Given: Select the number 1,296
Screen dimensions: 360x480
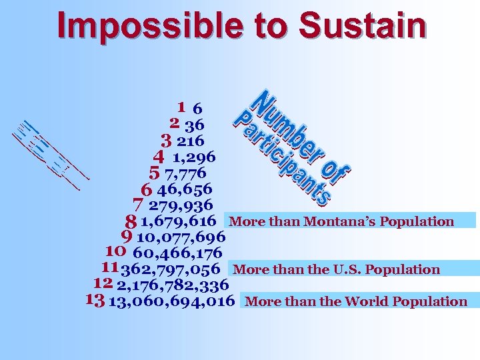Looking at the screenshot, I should point(193,157).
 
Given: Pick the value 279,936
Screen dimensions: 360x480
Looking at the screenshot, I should point(181,205).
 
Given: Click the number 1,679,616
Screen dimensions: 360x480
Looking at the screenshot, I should point(178,221).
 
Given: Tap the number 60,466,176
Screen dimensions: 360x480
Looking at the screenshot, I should point(177,253).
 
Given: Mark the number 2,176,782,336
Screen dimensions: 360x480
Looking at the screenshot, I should point(173,285).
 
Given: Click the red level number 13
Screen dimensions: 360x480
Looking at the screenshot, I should point(95,301).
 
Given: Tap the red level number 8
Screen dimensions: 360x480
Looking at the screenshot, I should point(131,221).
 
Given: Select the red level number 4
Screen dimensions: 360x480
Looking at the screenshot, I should point(158,157).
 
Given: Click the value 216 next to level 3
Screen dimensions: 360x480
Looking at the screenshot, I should point(191,141).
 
